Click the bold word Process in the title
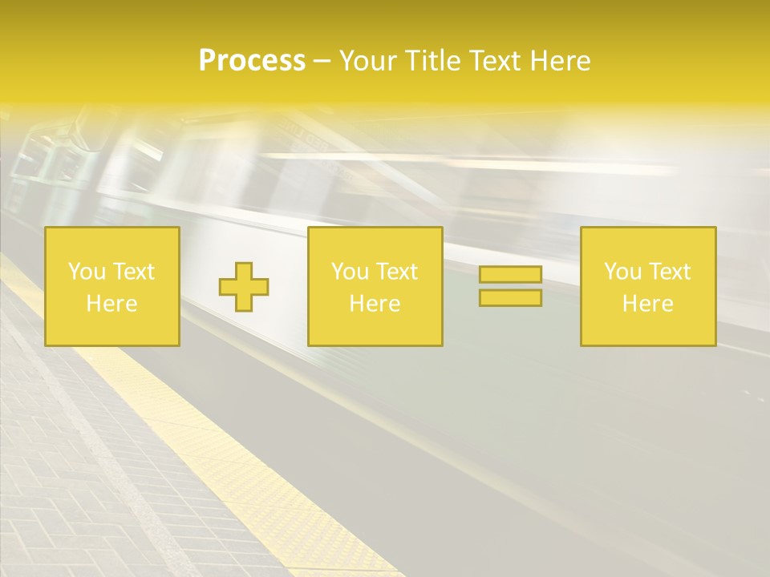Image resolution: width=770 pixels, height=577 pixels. [252, 61]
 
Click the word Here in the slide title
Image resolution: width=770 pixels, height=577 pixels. [561, 61]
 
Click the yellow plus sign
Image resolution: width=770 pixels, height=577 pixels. [244, 287]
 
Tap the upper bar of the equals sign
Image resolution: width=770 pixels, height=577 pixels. [510, 275]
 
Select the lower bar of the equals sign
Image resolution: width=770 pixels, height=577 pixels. [510, 297]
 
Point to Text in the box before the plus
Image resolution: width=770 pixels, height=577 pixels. [132, 272]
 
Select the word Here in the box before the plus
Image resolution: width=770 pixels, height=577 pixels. [111, 304]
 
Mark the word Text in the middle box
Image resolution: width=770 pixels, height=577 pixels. [395, 272]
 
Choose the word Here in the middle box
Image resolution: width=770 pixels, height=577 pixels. [375, 304]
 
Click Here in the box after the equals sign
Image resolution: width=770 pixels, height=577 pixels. [647, 304]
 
